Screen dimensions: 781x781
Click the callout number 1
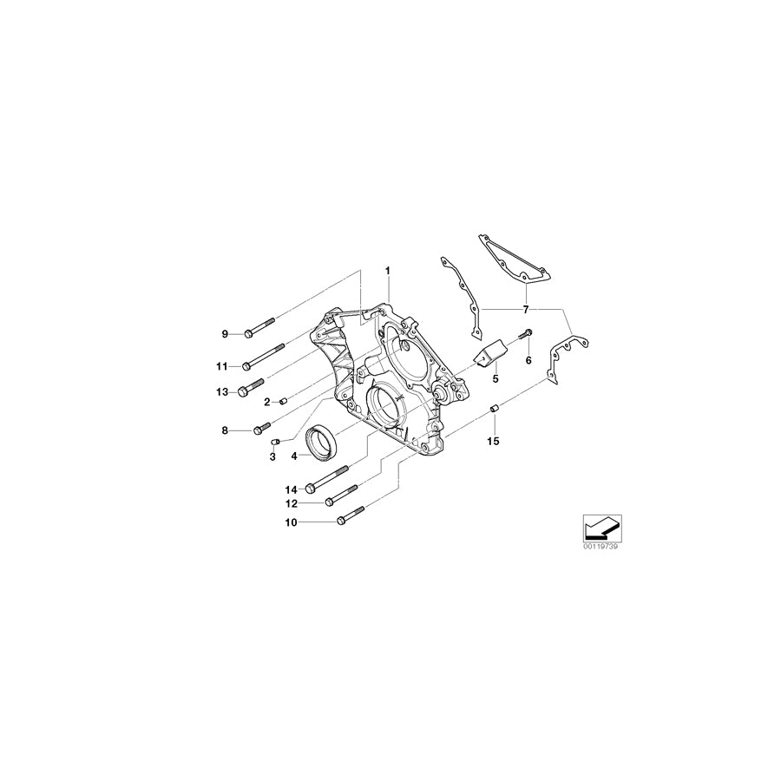pos(388,272)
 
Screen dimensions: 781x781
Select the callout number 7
pos(525,309)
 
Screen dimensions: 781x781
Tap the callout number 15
pos(494,441)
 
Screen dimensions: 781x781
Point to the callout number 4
pos(295,455)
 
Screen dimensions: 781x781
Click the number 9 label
pos(225,334)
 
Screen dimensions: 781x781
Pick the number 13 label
pos(221,392)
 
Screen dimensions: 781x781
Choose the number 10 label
pos(290,522)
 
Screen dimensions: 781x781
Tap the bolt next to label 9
pos(259,328)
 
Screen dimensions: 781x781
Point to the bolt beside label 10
pos(350,515)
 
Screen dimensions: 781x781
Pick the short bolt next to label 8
pos(263,427)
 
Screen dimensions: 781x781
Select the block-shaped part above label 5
pos(490,354)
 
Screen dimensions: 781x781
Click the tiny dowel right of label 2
pos(282,401)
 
